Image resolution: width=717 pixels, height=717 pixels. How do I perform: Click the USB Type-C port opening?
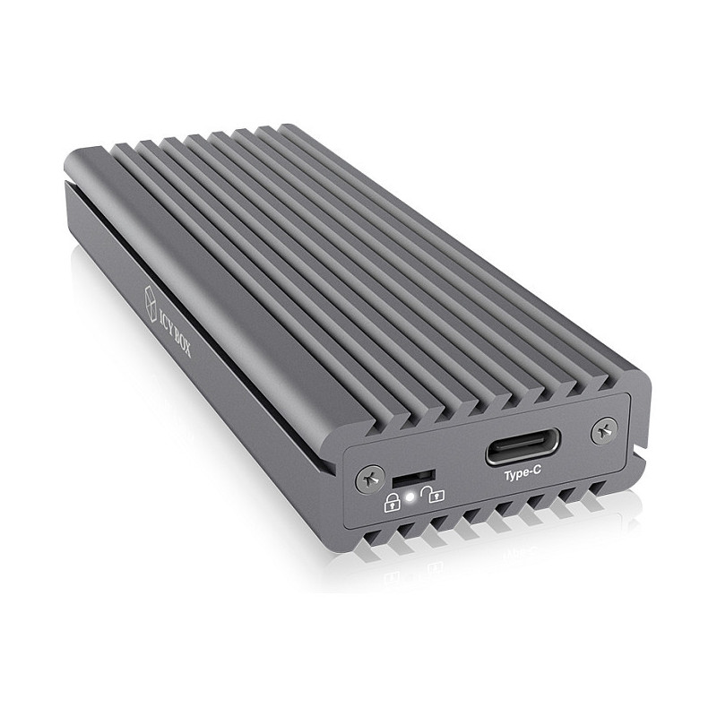[x=523, y=446]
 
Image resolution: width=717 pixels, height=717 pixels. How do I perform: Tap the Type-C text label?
[x=523, y=475]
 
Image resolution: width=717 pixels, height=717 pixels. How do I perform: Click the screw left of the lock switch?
[x=368, y=479]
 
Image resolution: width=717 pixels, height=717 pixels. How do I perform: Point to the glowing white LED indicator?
[x=410, y=497]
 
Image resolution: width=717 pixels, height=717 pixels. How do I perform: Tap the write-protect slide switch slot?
[x=413, y=479]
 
